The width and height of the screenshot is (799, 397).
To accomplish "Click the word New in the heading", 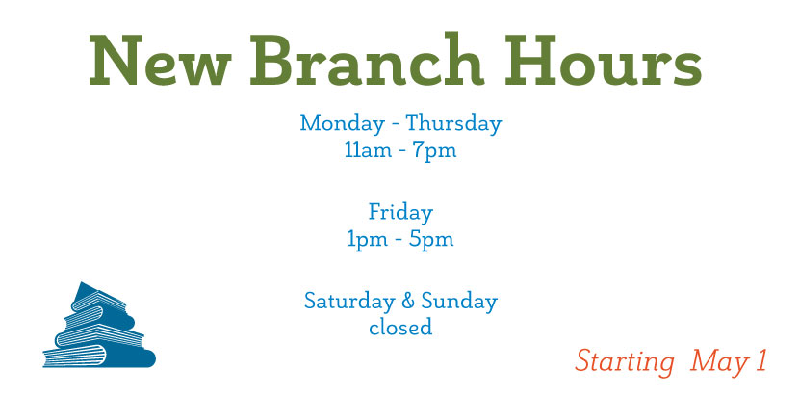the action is tap(160, 60).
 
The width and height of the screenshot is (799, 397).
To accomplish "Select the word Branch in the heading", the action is tap(367, 59).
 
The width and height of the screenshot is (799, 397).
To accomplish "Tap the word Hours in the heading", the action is tap(603, 60).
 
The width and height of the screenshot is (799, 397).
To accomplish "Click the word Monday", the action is tap(342, 124).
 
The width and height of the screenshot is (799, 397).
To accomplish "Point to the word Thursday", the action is tap(453, 124).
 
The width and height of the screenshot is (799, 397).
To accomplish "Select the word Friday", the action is tap(400, 213).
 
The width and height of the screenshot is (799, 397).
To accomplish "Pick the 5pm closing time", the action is tap(431, 240).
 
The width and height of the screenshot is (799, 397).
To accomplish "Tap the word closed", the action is tap(400, 327).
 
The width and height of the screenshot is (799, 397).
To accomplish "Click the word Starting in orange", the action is tap(625, 363).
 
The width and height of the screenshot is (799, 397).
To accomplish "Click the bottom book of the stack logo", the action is tap(99, 357).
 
